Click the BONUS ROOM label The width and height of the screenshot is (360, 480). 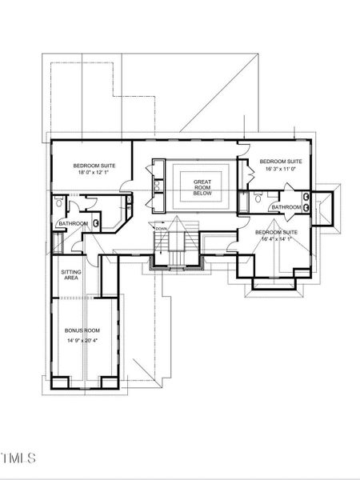pos(82,329)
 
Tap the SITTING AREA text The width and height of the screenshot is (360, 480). pos(71,275)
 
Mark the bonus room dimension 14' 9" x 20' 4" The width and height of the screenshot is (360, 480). pos(82,339)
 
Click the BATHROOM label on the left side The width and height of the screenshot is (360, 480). pos(73,224)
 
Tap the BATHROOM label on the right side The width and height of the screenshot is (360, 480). pos(286,207)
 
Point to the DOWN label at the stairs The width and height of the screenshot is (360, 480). pos(162,228)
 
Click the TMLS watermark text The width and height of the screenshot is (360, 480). pos(19,459)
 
